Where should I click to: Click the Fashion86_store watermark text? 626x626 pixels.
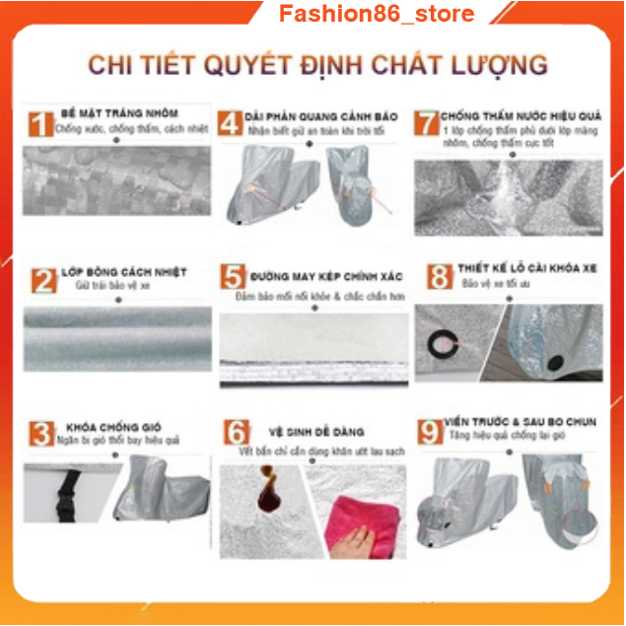[377, 14]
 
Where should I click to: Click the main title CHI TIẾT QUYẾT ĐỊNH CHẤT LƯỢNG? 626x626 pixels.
[317, 65]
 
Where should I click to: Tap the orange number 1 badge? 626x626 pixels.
[38, 124]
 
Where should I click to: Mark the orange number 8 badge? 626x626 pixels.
[439, 276]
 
